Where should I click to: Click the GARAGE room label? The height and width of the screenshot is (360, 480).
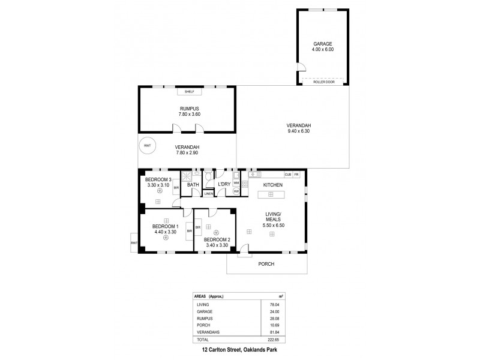coord(322,44)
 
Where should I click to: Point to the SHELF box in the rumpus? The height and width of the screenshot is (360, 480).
coord(189,92)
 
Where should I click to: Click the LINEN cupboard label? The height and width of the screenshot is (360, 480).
coord(209,193)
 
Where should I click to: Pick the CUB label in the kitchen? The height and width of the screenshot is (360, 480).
coord(288,175)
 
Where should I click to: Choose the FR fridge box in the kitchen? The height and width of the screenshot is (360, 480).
coord(296,175)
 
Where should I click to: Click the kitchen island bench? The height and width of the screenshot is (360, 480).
coord(271,194)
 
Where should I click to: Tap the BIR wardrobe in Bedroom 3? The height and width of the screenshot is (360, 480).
coord(176,188)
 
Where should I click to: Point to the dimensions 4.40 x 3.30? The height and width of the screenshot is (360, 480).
coord(164,232)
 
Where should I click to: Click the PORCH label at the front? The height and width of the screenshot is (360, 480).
coord(266,264)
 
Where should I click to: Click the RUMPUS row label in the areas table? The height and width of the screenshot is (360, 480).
coord(204,318)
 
